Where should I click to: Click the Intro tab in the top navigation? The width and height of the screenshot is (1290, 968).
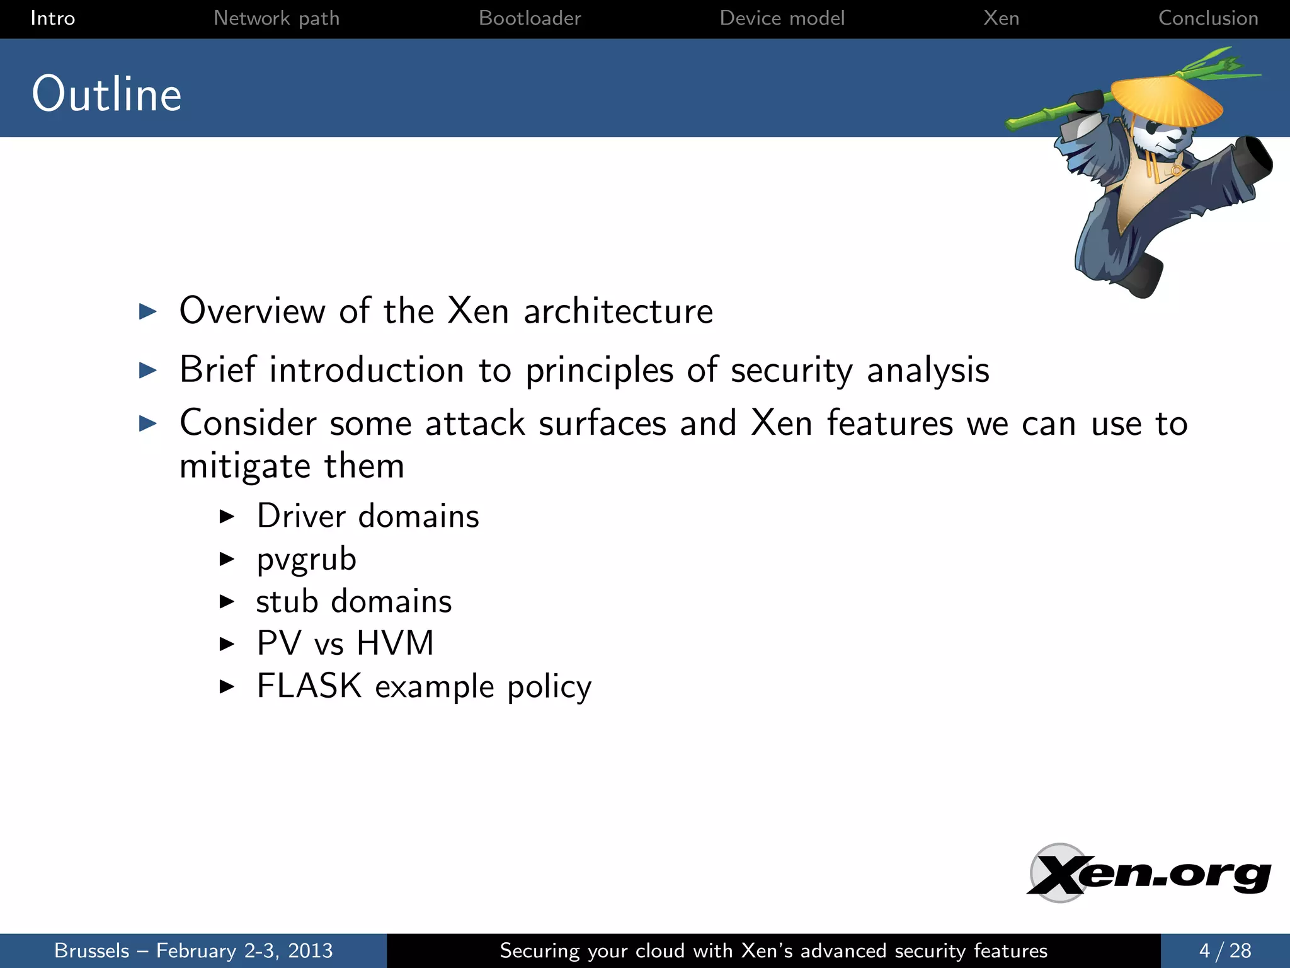point(53,18)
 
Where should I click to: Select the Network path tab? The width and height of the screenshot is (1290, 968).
point(277,18)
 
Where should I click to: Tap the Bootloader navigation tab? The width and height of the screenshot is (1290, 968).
point(530,18)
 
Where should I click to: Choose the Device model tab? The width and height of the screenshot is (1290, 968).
point(782,18)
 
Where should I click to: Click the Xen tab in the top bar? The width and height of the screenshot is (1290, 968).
point(1001,18)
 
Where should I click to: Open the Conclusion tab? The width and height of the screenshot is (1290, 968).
point(1208,18)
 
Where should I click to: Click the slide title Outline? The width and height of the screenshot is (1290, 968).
point(107,95)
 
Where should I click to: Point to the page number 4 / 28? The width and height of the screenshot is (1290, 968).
point(1225,950)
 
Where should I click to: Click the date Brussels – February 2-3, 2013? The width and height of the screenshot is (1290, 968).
point(193,950)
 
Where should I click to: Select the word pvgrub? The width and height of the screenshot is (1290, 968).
point(306,560)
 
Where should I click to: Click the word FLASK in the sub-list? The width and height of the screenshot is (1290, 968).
point(309,686)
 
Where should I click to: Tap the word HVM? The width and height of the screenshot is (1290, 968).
point(395,643)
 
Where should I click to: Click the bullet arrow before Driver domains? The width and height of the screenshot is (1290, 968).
point(227,517)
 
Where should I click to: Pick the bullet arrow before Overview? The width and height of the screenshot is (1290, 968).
point(148,311)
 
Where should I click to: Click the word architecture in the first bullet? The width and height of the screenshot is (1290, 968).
point(618,311)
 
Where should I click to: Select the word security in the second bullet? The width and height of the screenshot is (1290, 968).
point(792,371)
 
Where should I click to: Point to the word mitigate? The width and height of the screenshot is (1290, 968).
point(245,467)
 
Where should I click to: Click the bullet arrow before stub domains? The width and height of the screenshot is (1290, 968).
point(227,602)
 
